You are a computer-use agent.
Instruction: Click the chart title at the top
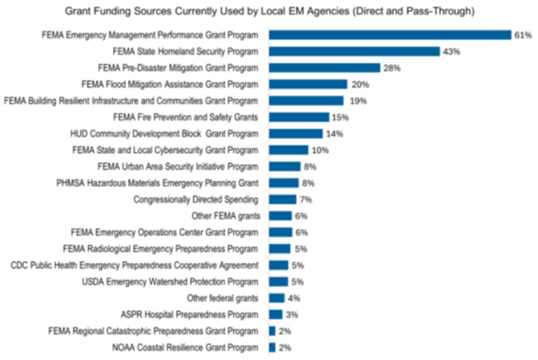[x=269, y=10]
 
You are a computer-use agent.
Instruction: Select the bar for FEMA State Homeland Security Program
[x=354, y=51]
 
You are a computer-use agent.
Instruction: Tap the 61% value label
[x=522, y=35]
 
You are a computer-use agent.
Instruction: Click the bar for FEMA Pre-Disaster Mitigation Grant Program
[x=324, y=68]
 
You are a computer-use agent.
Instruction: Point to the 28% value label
[x=392, y=68]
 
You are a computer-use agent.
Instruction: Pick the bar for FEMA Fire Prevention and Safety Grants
[x=299, y=117]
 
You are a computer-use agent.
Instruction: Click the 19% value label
[x=358, y=101]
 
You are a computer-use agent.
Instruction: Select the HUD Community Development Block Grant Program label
[x=164, y=133]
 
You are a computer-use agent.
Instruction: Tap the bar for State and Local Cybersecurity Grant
[x=289, y=150]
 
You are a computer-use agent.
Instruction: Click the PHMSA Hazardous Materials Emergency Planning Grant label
[x=157, y=183]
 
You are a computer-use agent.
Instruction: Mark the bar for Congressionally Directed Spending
[x=283, y=199]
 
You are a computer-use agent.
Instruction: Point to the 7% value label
[x=306, y=200]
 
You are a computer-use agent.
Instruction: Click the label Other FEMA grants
[x=226, y=216]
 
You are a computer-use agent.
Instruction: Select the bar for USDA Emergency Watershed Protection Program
[x=279, y=282]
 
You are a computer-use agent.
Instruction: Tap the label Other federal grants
[x=223, y=298]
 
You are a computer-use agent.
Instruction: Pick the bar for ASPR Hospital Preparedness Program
[x=276, y=315]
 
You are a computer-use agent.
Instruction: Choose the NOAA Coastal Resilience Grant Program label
[x=185, y=348]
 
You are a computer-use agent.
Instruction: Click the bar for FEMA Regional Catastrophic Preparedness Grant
[x=272, y=331]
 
